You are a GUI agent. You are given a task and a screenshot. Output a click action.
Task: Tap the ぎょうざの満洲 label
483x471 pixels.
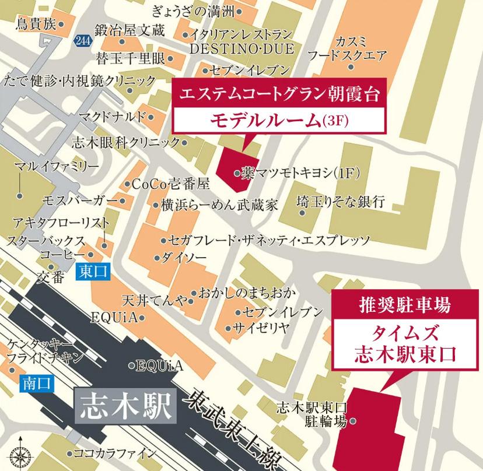tap(197, 10)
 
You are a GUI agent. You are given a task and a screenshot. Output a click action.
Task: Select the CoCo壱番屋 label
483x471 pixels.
tap(170, 184)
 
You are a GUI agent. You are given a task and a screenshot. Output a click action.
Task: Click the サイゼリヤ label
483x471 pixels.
tap(261, 327)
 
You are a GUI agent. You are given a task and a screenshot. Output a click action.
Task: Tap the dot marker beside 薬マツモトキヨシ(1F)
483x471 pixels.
tap(237, 173)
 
